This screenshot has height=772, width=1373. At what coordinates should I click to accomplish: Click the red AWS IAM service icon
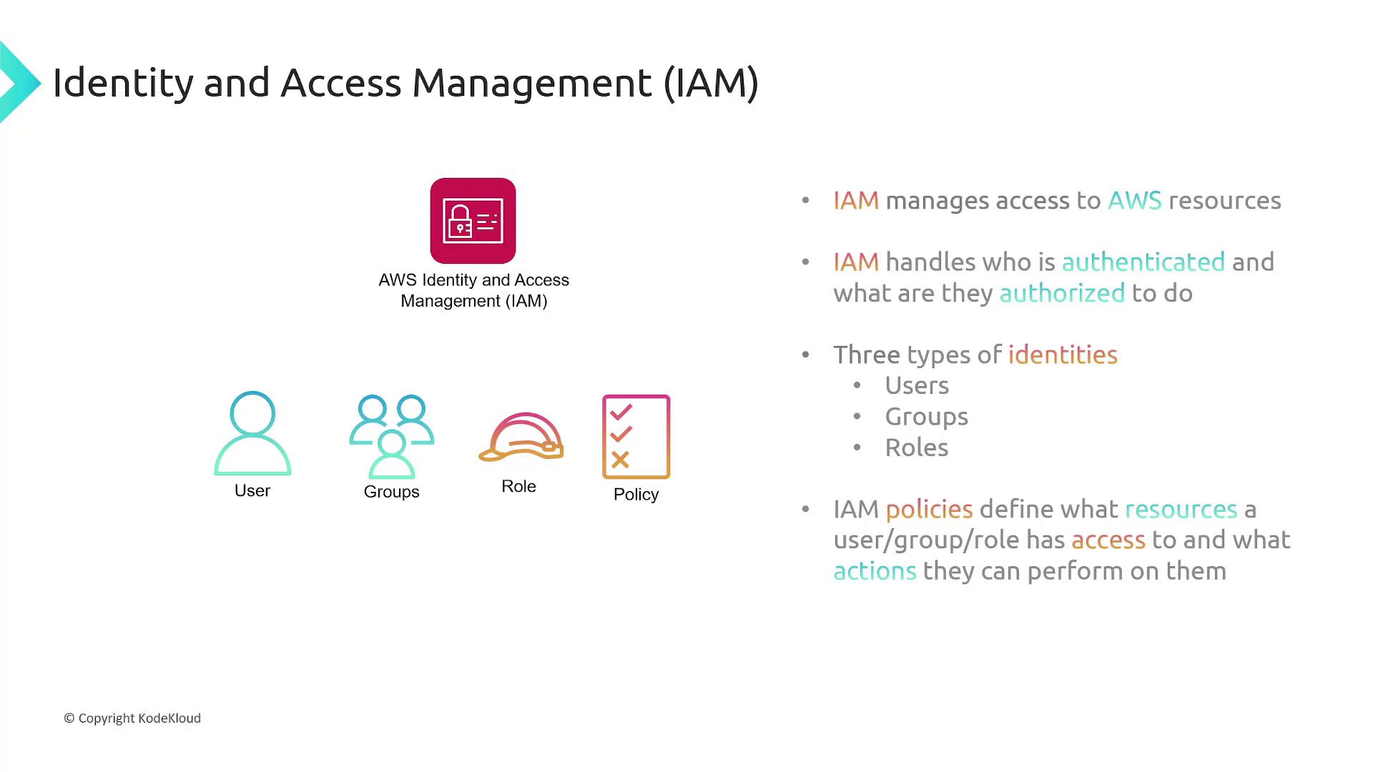tap(473, 221)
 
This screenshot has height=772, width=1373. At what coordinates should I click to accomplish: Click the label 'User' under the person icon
tap(252, 490)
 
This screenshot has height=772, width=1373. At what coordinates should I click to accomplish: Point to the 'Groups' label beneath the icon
tap(391, 492)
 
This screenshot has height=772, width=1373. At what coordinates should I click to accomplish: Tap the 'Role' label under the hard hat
tap(518, 486)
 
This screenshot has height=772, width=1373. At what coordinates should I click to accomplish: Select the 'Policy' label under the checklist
tap(636, 495)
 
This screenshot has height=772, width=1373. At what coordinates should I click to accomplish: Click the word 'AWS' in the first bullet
tap(1134, 201)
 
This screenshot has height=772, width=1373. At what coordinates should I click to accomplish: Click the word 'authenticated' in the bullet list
tap(1143, 262)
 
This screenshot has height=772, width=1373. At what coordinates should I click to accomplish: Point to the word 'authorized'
tap(1062, 293)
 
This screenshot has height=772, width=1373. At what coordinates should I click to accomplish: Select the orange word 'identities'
tap(1063, 355)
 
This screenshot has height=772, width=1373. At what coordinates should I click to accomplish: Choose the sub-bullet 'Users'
tap(917, 385)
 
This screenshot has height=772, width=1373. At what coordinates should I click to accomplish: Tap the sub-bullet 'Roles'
tap(917, 447)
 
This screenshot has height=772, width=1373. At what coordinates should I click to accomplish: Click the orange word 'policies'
tap(929, 510)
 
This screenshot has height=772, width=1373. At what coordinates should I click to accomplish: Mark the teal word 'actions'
tap(875, 571)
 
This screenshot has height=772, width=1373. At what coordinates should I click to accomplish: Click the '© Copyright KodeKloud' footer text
tap(132, 718)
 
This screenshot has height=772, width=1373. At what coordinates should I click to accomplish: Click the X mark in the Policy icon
tap(620, 460)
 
